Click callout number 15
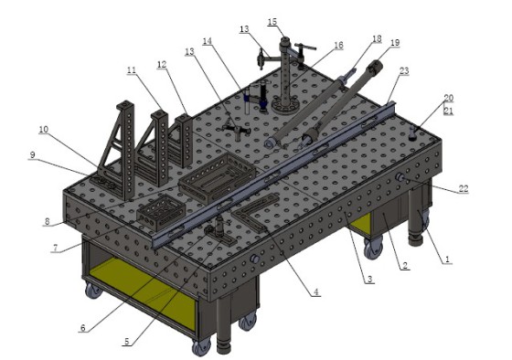click(x=272, y=22)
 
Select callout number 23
click(x=404, y=71)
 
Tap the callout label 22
click(x=464, y=188)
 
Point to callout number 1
click(x=447, y=259)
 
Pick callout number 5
click(x=127, y=342)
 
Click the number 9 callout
click(x=32, y=154)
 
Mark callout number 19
click(x=395, y=42)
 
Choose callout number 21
click(x=448, y=111)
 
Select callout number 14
click(x=207, y=41)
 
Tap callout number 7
click(x=55, y=249)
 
